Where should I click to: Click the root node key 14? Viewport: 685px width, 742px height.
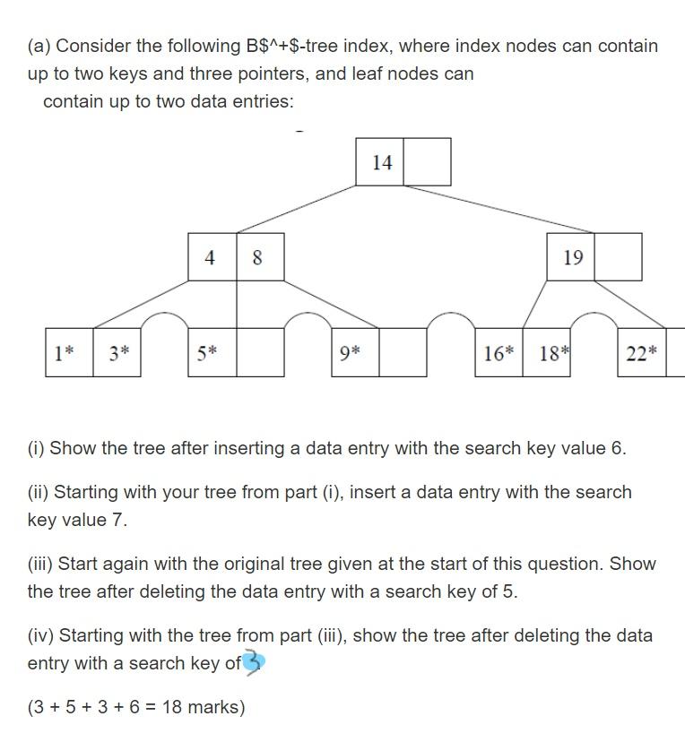381,162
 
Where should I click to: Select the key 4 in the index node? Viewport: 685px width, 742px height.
211,258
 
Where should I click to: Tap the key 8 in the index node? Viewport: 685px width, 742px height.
258,258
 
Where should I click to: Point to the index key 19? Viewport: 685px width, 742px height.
572,258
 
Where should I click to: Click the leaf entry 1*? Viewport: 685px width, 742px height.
64,353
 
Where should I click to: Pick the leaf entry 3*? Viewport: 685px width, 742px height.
118,353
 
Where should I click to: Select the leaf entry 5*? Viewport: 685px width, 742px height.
207,353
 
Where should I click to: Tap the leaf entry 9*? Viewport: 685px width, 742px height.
351,353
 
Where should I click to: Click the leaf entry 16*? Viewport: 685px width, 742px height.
499,353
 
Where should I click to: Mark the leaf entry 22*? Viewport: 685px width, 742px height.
641,353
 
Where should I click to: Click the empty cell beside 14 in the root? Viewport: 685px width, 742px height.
427,162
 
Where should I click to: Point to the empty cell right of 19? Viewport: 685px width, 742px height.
618,257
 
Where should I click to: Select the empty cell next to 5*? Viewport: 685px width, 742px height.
260,353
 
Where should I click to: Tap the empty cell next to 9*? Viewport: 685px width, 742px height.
403,353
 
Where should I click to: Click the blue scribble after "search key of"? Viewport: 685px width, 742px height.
256,664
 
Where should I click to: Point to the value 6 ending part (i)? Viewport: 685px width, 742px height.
617,448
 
